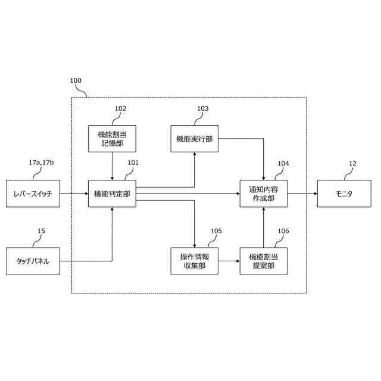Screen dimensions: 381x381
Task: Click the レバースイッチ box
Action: tap(33, 193)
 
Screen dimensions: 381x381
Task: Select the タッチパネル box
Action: tap(33, 261)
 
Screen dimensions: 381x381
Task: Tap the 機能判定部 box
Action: tap(112, 193)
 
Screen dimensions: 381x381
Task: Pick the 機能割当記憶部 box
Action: tap(112, 139)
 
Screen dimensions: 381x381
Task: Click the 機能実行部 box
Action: tap(194, 139)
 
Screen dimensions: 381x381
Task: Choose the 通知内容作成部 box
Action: tap(263, 193)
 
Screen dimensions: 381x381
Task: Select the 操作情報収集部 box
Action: tap(194, 261)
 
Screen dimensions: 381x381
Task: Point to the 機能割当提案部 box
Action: tap(263, 261)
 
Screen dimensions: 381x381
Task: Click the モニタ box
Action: tap(343, 193)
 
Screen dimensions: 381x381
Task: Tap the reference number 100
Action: tap(76, 80)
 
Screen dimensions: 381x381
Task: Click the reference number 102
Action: tap(120, 109)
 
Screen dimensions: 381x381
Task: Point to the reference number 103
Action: tap(203, 109)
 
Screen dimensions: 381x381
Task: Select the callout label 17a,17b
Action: tap(45, 163)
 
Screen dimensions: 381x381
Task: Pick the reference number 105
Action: tap(216, 230)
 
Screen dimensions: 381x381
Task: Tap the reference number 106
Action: tap(283, 230)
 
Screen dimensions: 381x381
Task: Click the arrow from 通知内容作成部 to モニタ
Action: tap(302, 193)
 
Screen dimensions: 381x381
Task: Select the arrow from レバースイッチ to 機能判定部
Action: tap(74, 193)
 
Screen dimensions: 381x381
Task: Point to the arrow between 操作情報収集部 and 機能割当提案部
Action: tap(229, 261)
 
